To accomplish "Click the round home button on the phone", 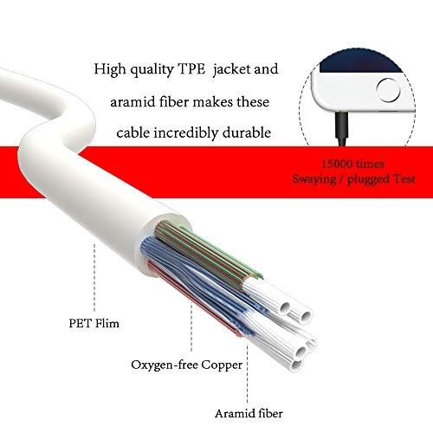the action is pos(388,90).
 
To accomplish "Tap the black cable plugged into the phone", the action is pos(342,129).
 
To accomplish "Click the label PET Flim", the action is pos(94,323).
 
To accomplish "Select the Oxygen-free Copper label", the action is pos(186,365).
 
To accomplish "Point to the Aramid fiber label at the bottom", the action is pos(249,414).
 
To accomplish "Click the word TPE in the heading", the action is pos(191,69).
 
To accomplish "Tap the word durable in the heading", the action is pos(247,132).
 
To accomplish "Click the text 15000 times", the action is pos(352,164).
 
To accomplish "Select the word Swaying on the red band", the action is pos(314,179).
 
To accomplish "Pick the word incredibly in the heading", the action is pos(185,133).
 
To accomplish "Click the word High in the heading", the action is pos(110,69).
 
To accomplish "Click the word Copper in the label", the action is pos(222,365).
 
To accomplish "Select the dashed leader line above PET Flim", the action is pos(94,277).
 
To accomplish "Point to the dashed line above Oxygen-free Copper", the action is pos(191,327).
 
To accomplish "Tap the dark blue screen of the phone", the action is pos(361,62).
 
